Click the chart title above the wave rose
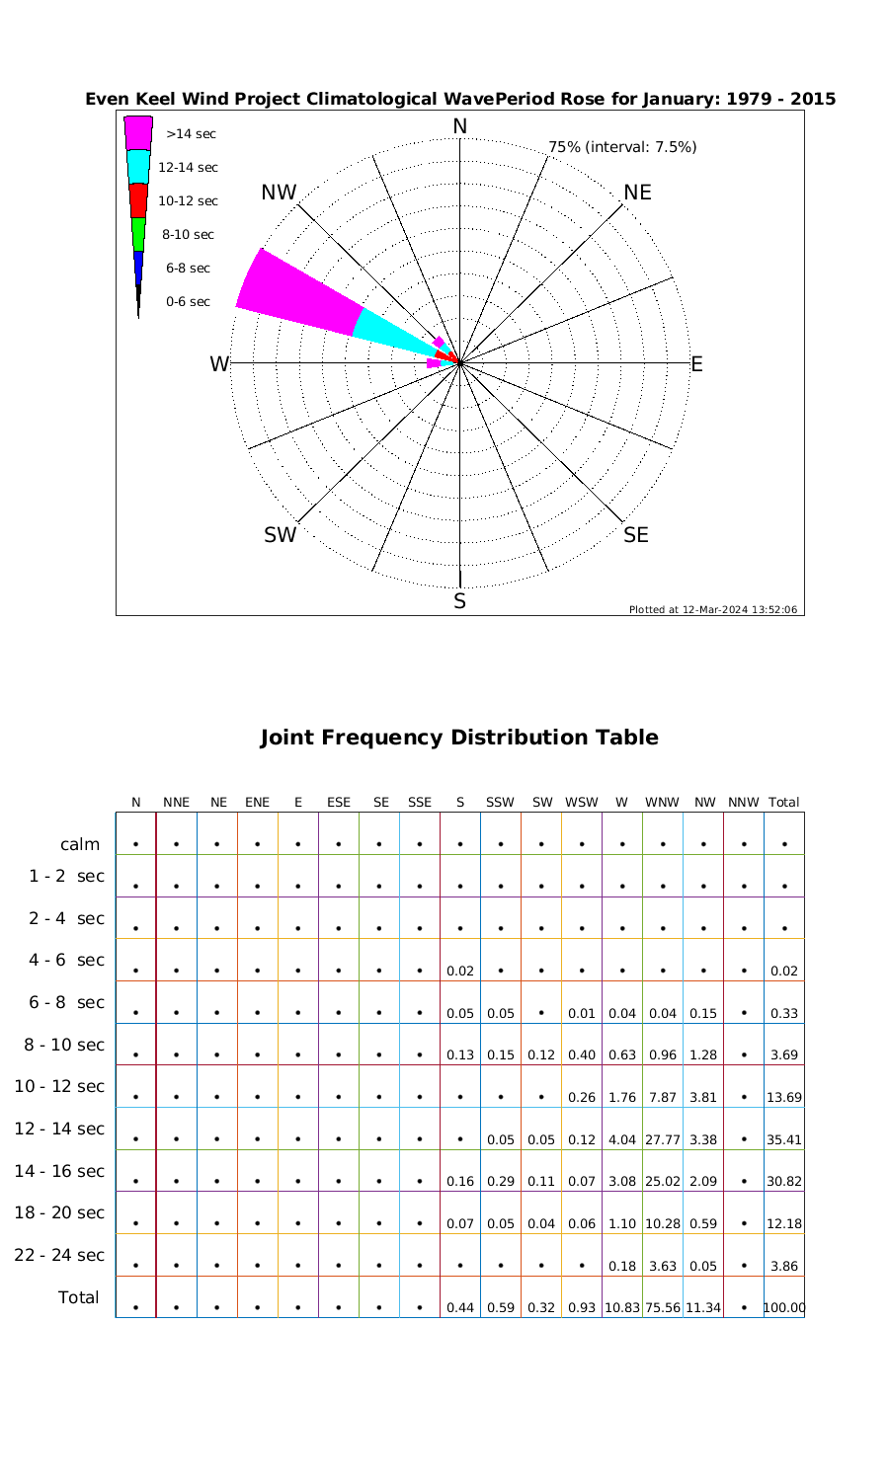(x=460, y=99)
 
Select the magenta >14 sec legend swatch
(x=138, y=133)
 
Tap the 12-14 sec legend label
(x=188, y=168)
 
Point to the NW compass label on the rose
(x=279, y=194)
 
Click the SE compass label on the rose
(x=636, y=535)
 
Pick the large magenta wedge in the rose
(x=296, y=292)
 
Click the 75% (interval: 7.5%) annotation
(x=622, y=147)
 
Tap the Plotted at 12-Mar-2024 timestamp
(x=712, y=609)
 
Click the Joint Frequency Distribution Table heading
(x=458, y=738)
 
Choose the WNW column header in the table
(x=662, y=803)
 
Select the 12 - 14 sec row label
(x=59, y=1129)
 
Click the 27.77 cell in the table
(x=662, y=1139)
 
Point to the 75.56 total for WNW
(x=662, y=1307)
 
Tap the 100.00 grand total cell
(x=784, y=1307)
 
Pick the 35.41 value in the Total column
(x=784, y=1139)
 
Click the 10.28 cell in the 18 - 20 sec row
(x=662, y=1223)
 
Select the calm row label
(x=80, y=844)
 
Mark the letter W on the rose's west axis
(x=219, y=364)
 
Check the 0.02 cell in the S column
(x=459, y=971)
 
